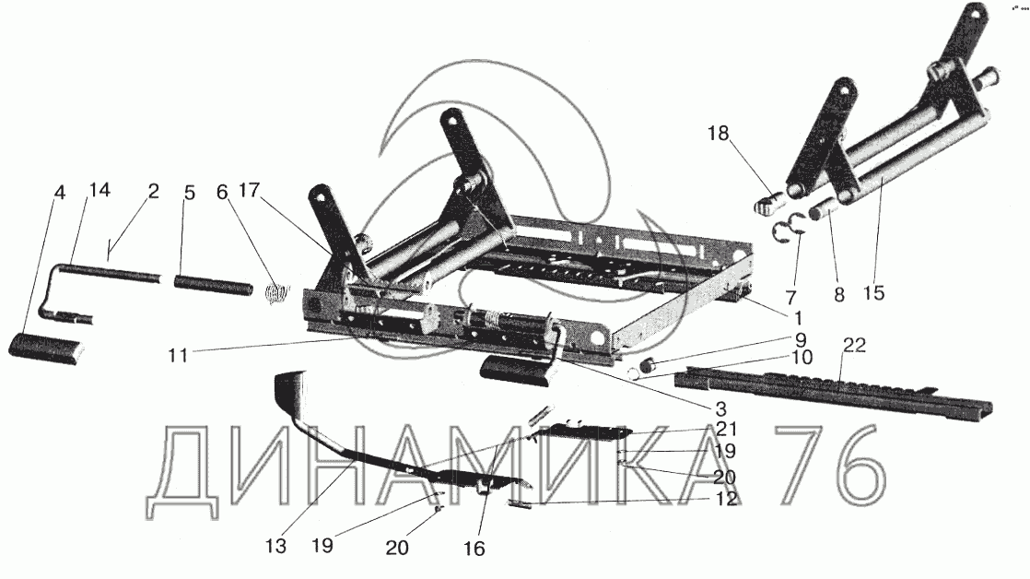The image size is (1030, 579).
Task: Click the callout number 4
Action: point(60,194)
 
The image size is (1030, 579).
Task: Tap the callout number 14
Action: point(99,192)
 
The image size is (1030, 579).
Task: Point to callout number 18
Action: point(718,135)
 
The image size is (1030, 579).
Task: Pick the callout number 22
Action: point(854,347)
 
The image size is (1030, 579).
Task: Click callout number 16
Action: point(474,549)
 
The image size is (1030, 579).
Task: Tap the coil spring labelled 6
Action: point(274,294)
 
